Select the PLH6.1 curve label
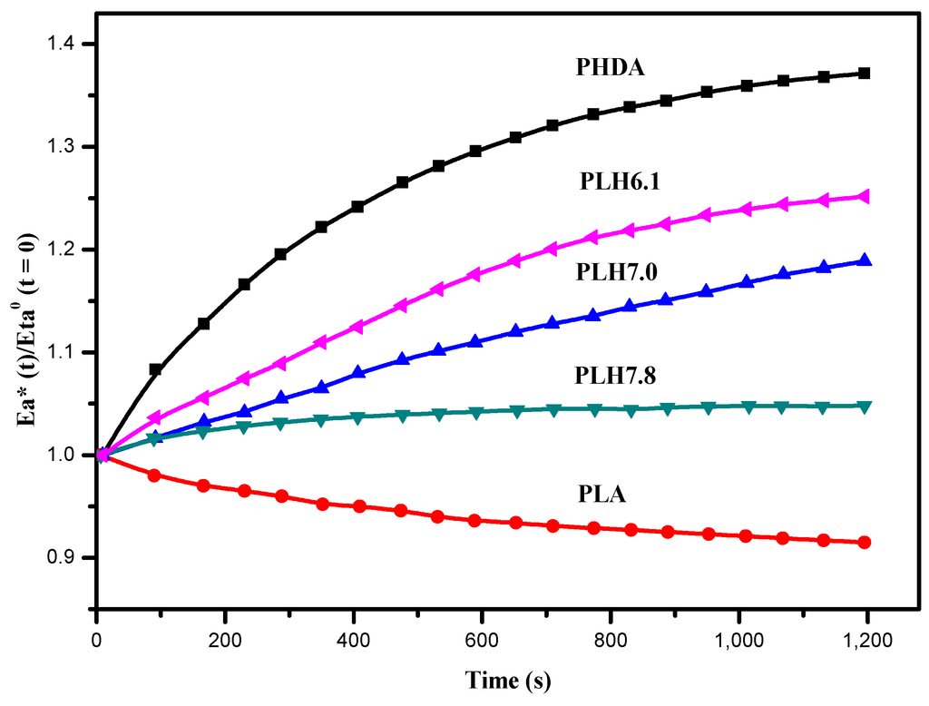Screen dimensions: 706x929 pyautogui.click(x=620, y=182)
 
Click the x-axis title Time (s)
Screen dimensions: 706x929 pyautogui.click(x=508, y=680)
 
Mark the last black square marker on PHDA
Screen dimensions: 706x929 pyautogui.click(x=865, y=74)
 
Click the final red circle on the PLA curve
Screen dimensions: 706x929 pyautogui.click(x=865, y=543)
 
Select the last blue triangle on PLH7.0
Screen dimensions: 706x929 pyautogui.click(x=865, y=260)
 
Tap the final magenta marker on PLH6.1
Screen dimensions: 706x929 pyautogui.click(x=865, y=196)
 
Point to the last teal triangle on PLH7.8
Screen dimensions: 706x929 pyautogui.click(x=865, y=407)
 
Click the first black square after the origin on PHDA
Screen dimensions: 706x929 pyautogui.click(x=155, y=369)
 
